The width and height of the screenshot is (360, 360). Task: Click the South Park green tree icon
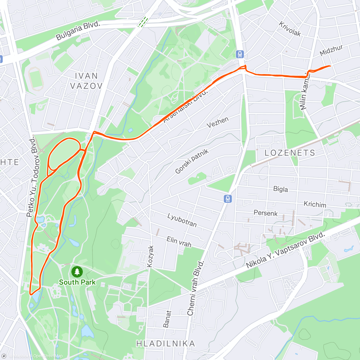tap(77, 272)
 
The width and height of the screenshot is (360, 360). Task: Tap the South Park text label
tap(77, 282)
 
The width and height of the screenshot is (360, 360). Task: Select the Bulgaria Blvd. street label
tap(78, 31)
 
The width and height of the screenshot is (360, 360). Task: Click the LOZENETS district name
tap(290, 153)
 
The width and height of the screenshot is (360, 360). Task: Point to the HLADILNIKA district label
tap(166, 343)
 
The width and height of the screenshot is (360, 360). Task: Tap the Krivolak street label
tap(290, 29)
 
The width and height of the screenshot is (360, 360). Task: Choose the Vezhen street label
tap(217, 122)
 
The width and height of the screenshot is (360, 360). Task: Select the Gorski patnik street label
tap(192, 161)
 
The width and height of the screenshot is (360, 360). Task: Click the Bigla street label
tap(280, 189)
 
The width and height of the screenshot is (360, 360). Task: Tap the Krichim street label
tap(315, 204)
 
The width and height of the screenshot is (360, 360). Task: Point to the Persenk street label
tap(265, 213)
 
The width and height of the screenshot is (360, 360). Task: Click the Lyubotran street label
tap(182, 220)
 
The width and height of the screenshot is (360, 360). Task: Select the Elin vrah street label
tap(179, 241)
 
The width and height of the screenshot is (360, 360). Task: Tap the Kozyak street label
tap(150, 256)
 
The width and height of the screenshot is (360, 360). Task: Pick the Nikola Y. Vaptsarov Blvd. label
tap(286, 250)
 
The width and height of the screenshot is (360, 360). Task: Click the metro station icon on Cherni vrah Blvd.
tap(228, 199)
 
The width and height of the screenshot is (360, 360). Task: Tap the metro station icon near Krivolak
tap(240, 54)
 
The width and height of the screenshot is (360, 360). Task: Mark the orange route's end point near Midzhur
tap(330, 66)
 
